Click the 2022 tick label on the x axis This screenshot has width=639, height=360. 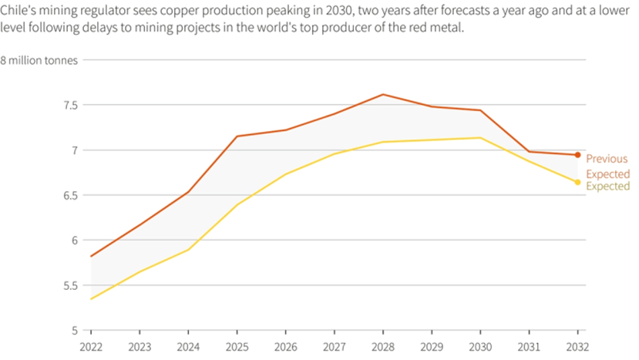coord(91,348)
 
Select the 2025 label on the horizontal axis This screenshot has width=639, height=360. coord(237,348)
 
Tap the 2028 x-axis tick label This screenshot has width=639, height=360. coord(382,348)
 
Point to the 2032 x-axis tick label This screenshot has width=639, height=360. coord(577,348)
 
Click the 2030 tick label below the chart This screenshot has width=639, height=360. coord(479,348)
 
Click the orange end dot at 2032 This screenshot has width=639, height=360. coord(577,155)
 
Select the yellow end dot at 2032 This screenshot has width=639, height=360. coord(577,183)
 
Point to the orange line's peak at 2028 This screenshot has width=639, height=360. coord(382,95)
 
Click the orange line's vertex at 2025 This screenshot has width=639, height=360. coord(237,136)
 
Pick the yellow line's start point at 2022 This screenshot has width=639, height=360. coord(91,298)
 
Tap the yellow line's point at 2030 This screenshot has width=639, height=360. coord(479,138)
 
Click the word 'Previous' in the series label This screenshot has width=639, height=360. coord(607,159)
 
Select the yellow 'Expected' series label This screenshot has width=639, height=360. coord(607,187)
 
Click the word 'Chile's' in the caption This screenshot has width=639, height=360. coord(18,11)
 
